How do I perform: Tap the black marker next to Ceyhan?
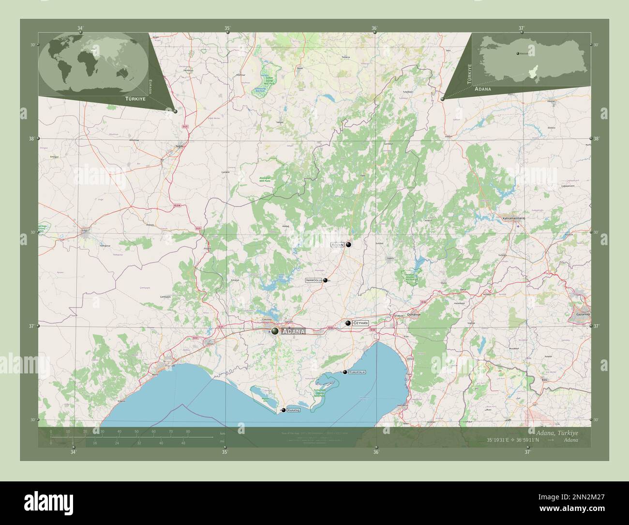pos(348,323)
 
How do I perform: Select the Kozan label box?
pos(337,245)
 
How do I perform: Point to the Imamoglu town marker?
pos(326,280)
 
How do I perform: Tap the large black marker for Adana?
pos(275,331)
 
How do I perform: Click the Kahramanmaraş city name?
pos(514,219)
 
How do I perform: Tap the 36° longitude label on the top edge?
pos(374,28)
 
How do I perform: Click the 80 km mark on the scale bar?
pos(187,431)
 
